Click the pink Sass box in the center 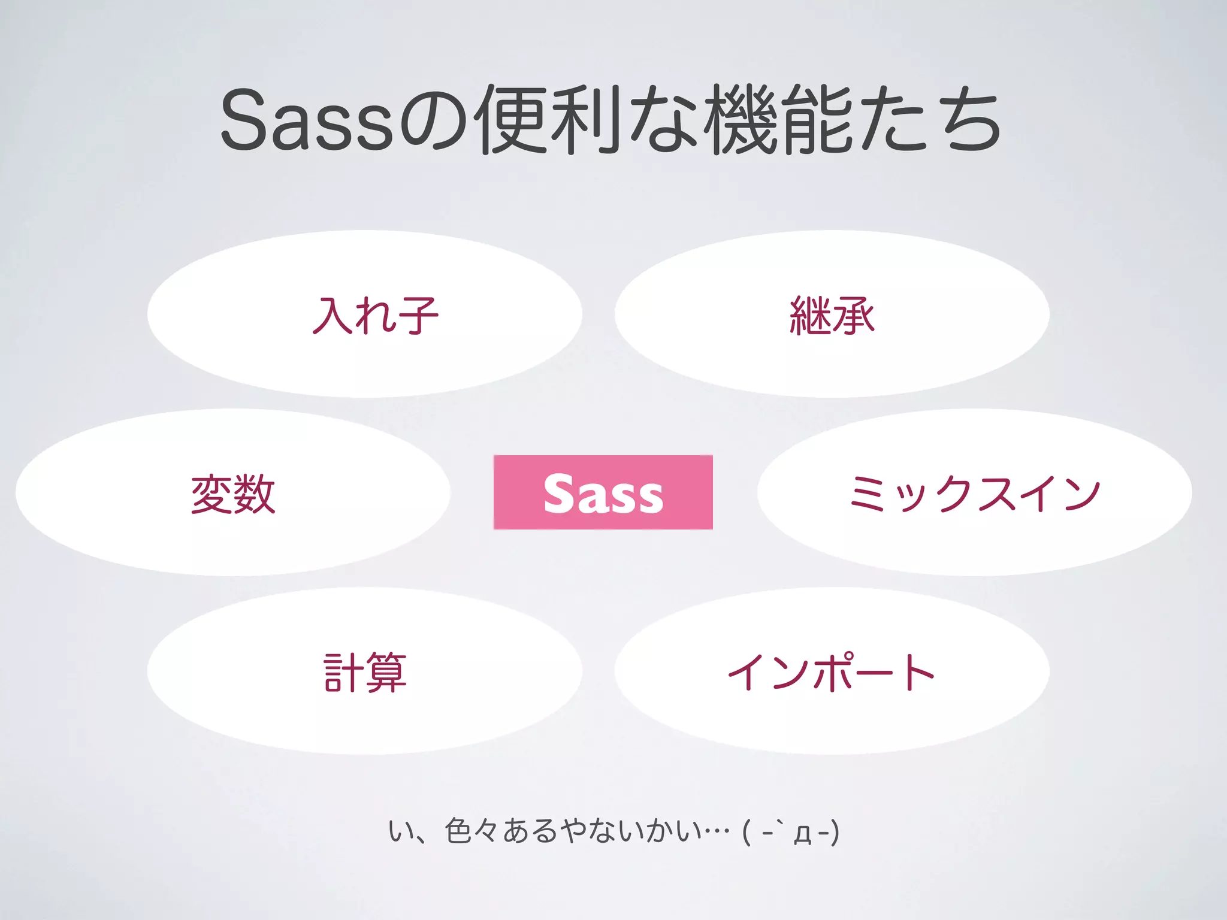click(x=603, y=492)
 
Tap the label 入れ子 click(x=375, y=315)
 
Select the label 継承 click(x=832, y=315)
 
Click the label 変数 click(x=233, y=494)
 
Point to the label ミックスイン click(x=975, y=494)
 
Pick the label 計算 click(x=365, y=672)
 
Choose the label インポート click(x=832, y=672)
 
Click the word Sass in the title click(x=307, y=120)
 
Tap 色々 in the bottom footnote click(x=472, y=831)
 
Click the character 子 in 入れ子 click(x=418, y=315)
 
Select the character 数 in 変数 click(x=255, y=494)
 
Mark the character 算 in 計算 click(x=386, y=672)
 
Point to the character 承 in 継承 click(x=854, y=315)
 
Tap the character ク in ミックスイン click(x=956, y=495)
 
